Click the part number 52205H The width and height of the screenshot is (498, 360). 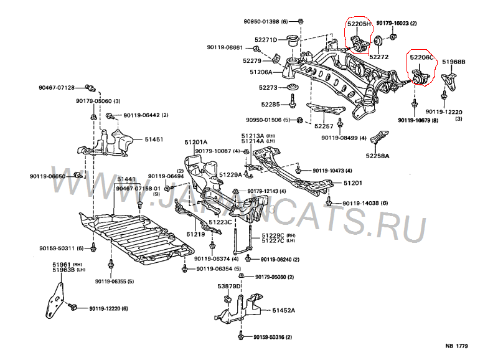click(359, 24)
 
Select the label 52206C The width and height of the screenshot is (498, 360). click(421, 57)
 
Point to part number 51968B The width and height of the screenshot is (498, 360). click(454, 62)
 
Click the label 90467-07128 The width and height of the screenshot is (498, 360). click(57, 87)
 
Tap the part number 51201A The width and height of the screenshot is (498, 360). click(195, 142)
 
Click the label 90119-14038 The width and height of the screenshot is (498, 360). click(361, 203)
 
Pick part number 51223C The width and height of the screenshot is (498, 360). click(220, 222)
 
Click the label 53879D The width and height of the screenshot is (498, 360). click(228, 286)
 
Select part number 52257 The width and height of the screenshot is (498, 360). click(324, 126)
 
